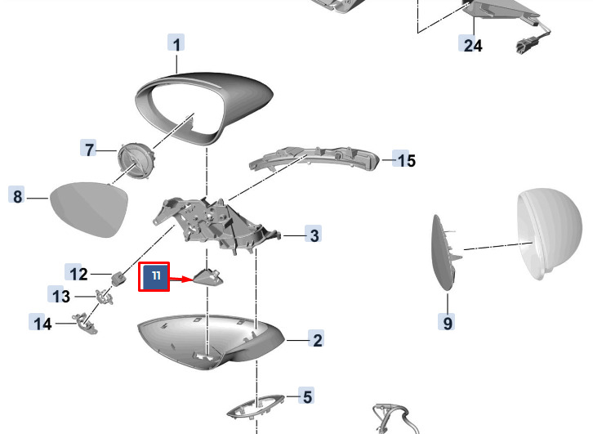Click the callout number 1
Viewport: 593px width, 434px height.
tap(176, 44)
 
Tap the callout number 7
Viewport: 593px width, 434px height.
tap(89, 149)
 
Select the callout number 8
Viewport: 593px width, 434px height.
tap(17, 196)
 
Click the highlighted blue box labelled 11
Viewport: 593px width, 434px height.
tap(154, 276)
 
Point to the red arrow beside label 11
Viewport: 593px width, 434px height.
tap(181, 280)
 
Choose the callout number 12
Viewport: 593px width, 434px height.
tap(78, 274)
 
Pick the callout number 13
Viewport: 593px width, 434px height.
tap(61, 296)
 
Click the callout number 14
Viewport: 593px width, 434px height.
tap(42, 324)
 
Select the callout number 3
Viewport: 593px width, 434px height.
tap(314, 235)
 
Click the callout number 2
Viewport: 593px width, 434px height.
tap(317, 340)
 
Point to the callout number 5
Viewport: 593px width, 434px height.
tap(307, 397)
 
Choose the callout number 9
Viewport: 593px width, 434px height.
tap(448, 323)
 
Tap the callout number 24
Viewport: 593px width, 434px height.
tap(473, 46)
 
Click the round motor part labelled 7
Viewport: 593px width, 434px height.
tap(136, 160)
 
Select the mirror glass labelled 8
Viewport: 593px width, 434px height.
tap(88, 209)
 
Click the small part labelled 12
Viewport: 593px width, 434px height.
tap(118, 279)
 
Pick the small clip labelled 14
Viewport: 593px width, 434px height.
tap(86, 324)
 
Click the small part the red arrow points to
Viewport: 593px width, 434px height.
tap(208, 276)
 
